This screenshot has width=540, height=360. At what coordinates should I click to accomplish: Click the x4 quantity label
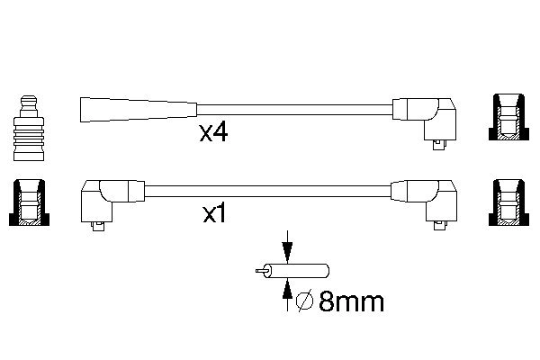[213, 133]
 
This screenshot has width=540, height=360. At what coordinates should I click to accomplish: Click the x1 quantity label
[214, 214]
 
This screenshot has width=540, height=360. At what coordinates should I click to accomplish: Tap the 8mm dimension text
[351, 302]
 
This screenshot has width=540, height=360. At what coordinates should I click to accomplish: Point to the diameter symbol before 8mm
[305, 301]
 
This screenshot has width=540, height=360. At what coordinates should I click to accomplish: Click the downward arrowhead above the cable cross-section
[287, 251]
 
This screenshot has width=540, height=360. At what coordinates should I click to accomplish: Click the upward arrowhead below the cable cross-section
[287, 290]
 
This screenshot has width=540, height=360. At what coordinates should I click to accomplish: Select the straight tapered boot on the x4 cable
[139, 110]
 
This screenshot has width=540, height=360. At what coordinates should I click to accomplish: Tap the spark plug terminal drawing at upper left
[29, 128]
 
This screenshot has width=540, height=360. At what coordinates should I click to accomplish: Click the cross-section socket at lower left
[29, 202]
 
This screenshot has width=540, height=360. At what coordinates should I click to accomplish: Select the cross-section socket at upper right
[508, 117]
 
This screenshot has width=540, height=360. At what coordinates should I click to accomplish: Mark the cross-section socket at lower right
[508, 202]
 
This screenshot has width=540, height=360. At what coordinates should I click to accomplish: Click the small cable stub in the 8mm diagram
[292, 271]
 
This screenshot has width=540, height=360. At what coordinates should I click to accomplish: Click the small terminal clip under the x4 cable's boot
[439, 145]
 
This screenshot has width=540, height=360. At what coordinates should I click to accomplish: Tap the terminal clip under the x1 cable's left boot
[98, 226]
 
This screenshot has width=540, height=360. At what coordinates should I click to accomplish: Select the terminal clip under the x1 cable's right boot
[440, 226]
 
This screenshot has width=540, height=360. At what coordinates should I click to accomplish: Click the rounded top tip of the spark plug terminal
[29, 96]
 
